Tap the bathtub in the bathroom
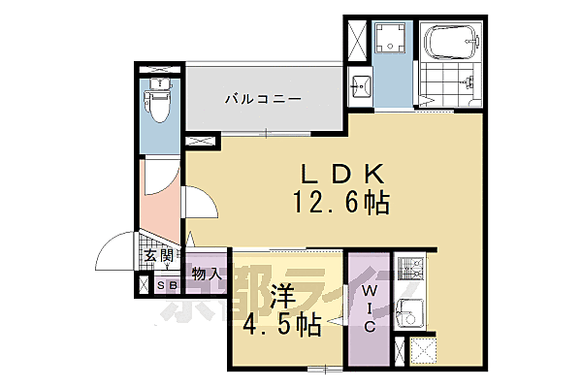[451, 43]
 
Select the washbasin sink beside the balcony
[360, 85]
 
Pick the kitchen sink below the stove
[410, 312]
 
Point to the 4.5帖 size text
[281, 326]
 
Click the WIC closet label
[370, 307]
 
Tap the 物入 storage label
[207, 275]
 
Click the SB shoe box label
[166, 285]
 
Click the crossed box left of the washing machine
[354, 41]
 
